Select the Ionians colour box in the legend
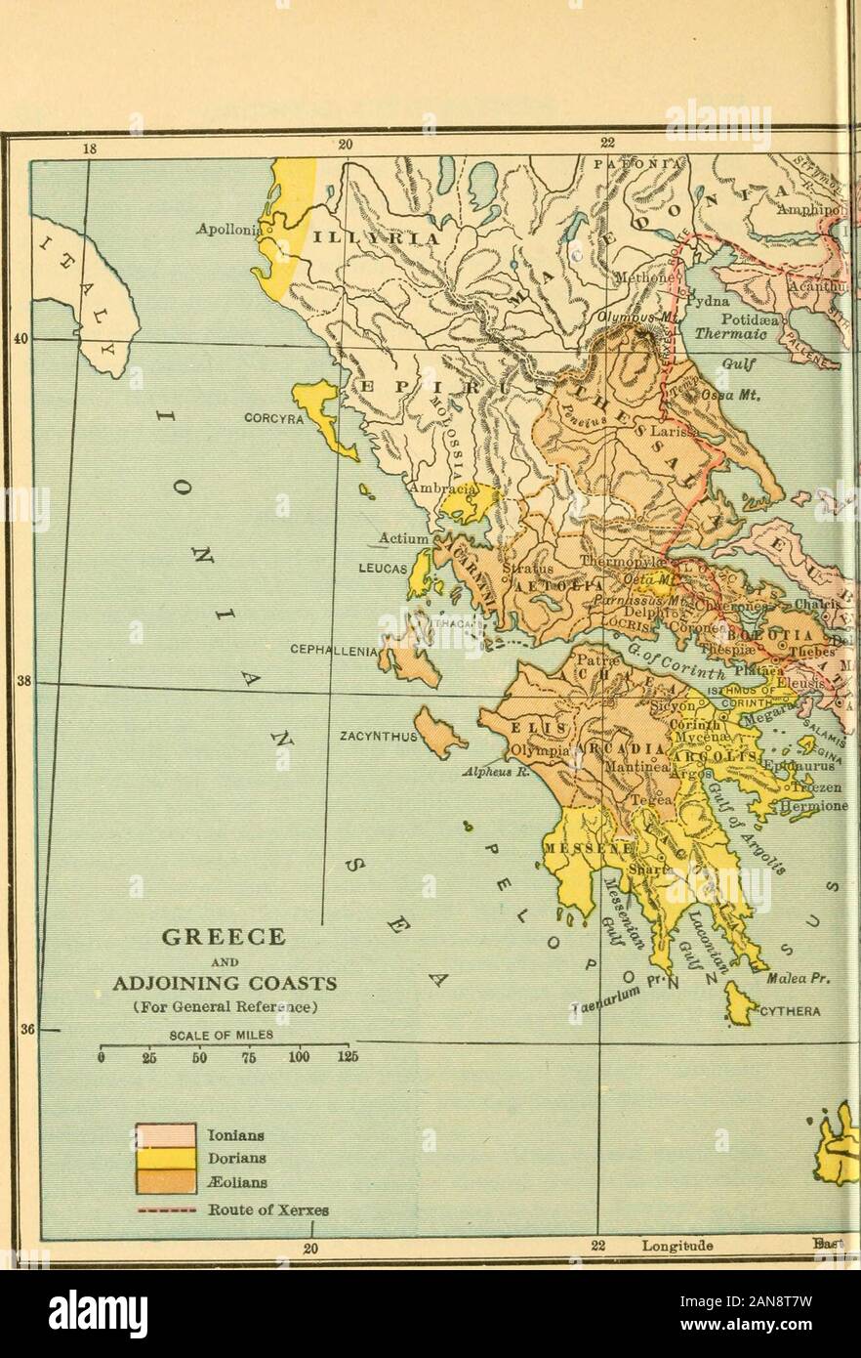point(166,1135)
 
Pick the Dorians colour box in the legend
point(166,1159)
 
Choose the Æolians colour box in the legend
point(166,1181)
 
